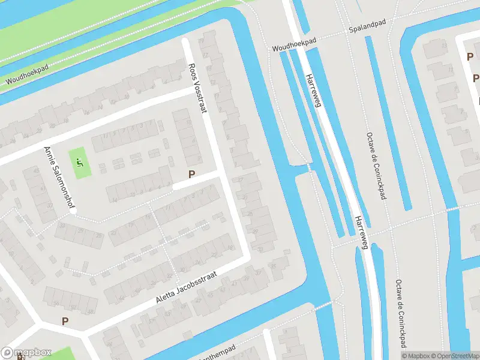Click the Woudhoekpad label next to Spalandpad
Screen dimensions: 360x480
[x=294, y=44]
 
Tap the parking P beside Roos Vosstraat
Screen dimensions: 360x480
[x=192, y=175]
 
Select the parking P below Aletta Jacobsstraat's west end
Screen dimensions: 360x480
[x=65, y=321]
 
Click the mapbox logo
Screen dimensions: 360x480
[x=26, y=352]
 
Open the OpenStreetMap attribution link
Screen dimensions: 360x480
[x=457, y=356]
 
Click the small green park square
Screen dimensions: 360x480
[x=80, y=163]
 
